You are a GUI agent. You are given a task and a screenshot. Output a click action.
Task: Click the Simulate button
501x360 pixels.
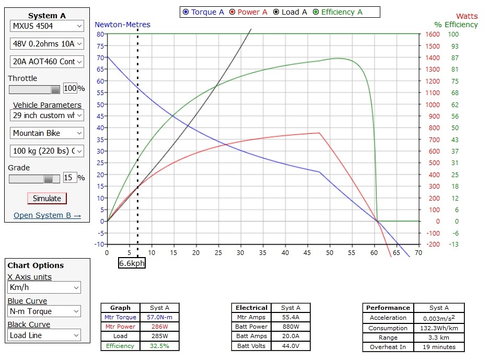pos(47,199)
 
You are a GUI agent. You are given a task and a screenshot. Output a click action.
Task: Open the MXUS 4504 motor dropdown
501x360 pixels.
pos(46,26)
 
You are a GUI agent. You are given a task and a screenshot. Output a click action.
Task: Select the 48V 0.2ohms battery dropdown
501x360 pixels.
pos(46,44)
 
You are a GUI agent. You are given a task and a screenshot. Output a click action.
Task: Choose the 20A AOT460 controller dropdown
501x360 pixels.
pos(46,62)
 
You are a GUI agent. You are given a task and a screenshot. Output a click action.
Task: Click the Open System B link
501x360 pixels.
pos(47,215)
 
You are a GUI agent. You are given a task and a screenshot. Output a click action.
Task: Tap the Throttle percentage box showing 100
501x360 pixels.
pos(69,88)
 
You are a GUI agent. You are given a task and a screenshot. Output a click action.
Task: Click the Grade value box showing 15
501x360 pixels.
pos(69,178)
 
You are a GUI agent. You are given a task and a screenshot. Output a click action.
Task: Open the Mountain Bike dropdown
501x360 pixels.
pos(46,133)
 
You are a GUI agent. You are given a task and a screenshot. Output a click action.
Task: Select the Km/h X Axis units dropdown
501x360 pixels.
pos(44,287)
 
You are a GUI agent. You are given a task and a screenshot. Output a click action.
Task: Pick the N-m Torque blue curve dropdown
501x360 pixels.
pos(44,311)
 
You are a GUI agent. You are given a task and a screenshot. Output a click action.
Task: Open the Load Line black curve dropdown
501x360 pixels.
pos(44,335)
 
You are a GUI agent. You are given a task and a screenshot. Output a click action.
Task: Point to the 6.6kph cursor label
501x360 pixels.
pos(132,263)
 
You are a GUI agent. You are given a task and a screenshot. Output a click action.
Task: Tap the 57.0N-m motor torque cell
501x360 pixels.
pos(159,317)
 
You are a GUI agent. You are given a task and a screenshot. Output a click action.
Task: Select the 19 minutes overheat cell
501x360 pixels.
pos(439,347)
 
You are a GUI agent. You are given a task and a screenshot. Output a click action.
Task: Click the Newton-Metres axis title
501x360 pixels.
pos(122,25)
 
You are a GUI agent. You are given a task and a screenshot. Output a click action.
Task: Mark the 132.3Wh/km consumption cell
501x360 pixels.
pos(439,328)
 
